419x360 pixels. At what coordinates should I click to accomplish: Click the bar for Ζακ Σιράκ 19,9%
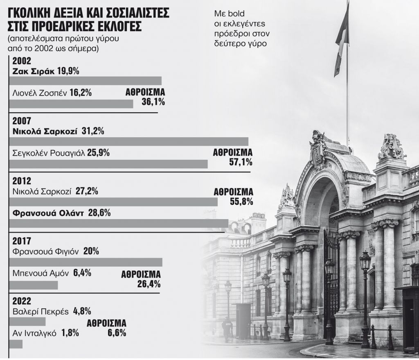(x=85, y=80)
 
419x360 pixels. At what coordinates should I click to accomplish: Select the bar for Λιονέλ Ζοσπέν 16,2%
(x=71, y=104)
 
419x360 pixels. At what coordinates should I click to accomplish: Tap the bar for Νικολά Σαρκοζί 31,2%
(x=128, y=141)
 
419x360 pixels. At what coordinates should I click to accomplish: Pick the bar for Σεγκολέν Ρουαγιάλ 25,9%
(x=108, y=164)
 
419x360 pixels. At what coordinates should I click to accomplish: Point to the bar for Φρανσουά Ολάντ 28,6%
(x=118, y=223)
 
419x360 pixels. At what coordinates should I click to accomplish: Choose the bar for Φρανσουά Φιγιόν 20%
(x=86, y=262)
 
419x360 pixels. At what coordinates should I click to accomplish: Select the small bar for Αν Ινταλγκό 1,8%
(x=16, y=344)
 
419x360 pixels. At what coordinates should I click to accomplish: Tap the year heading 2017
(x=21, y=241)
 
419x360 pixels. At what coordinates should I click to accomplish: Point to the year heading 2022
(x=21, y=300)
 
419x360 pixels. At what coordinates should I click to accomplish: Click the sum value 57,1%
(x=241, y=162)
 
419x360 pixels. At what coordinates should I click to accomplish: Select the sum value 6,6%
(x=117, y=333)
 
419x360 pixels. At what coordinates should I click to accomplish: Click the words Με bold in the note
(x=225, y=13)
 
